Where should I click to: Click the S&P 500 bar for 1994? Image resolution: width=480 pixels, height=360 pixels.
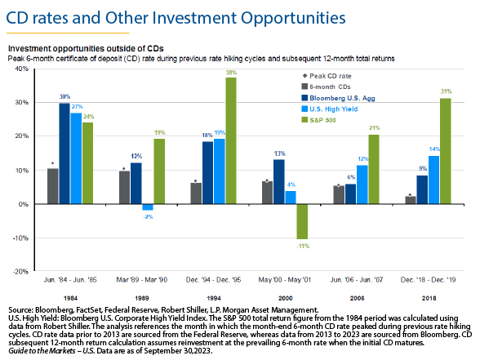pos(231,140)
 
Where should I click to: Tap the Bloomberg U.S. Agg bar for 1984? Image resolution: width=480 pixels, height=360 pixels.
pos(64,153)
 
